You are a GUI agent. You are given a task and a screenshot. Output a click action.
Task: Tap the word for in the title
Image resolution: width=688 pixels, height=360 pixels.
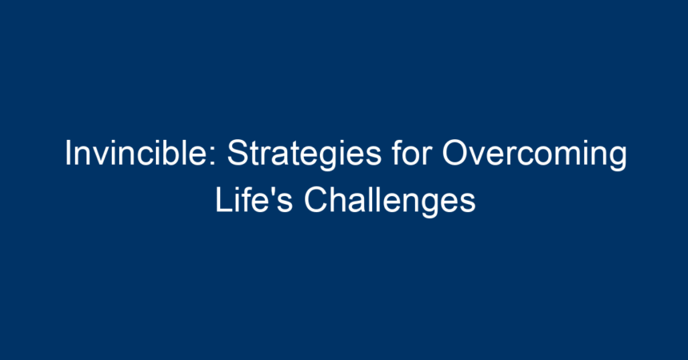pos(412,152)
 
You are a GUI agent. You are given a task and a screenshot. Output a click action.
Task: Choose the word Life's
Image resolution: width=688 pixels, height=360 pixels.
pos(254,199)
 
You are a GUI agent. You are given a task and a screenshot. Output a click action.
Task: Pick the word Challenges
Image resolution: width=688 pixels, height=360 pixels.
pos(390,202)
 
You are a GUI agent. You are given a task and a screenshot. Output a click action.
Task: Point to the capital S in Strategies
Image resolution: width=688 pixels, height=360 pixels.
pos(238,153)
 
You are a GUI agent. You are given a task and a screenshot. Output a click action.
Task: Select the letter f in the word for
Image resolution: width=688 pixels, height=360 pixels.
pos(398,152)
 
